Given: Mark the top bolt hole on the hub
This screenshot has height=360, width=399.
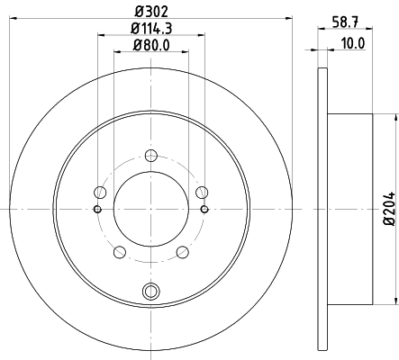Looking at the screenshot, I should point(151,154).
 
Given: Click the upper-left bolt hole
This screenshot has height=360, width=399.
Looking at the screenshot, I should point(100,191).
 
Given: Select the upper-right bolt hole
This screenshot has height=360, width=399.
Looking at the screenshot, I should point(203,191).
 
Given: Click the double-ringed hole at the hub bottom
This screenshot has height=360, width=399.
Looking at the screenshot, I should point(151,290).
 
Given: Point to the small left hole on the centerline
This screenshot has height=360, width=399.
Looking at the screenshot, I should point(97,209).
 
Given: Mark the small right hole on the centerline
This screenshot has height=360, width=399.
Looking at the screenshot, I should point(205,209).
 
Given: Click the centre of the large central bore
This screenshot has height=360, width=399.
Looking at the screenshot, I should point(151,209).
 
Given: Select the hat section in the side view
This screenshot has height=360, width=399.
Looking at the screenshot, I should point(351,208).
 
